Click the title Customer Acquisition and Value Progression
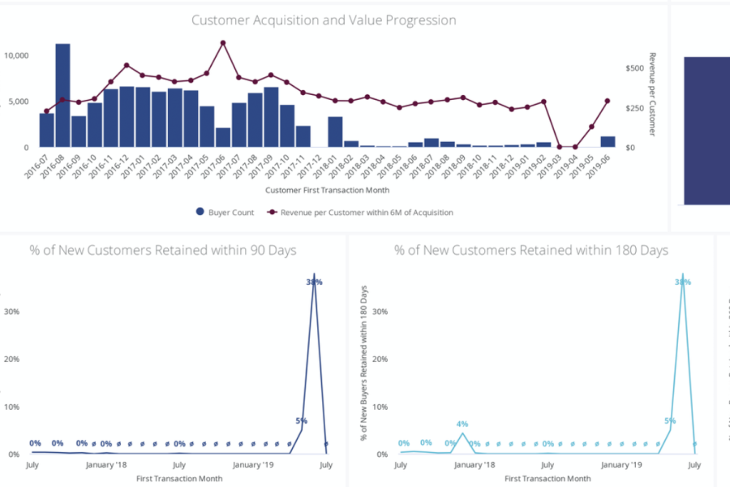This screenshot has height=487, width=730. pos(324,20)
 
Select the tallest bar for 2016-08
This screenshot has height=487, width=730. pos(62,96)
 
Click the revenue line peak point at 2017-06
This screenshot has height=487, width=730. pos(223,43)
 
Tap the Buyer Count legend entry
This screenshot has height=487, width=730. pos(225,212)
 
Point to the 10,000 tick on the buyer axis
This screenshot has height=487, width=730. pos(17,55)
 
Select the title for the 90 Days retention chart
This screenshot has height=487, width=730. pos(163,250)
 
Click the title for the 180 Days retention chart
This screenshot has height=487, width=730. pos(531,250)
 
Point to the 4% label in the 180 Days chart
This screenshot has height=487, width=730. pos(462,424)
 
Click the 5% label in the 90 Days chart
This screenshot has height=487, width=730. pos(301,420)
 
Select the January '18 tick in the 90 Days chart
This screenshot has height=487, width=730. pos(105,465)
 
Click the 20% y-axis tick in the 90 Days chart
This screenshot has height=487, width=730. pos(13,359)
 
